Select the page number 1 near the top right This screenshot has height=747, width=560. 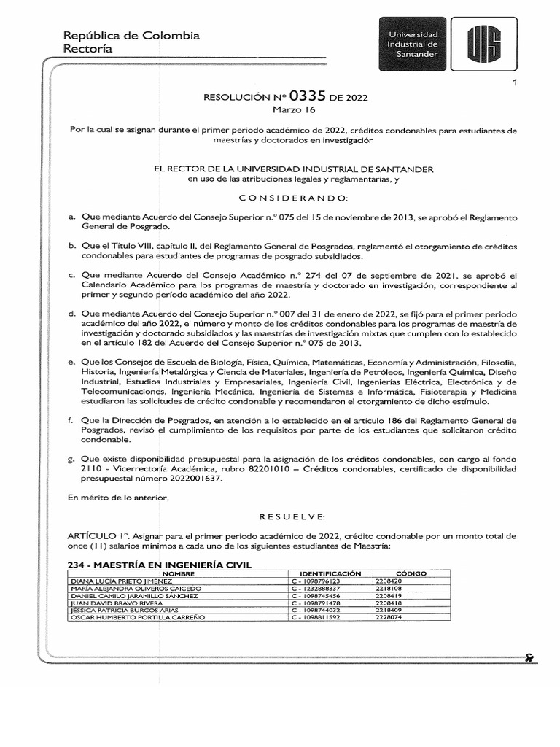click(x=515, y=82)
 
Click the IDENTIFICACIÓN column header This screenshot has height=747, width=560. click(x=325, y=573)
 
